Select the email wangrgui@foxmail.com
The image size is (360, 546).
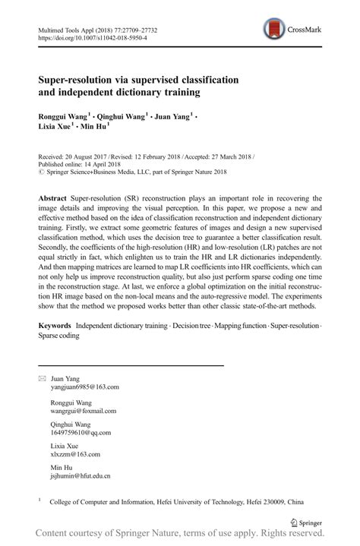(84, 411)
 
